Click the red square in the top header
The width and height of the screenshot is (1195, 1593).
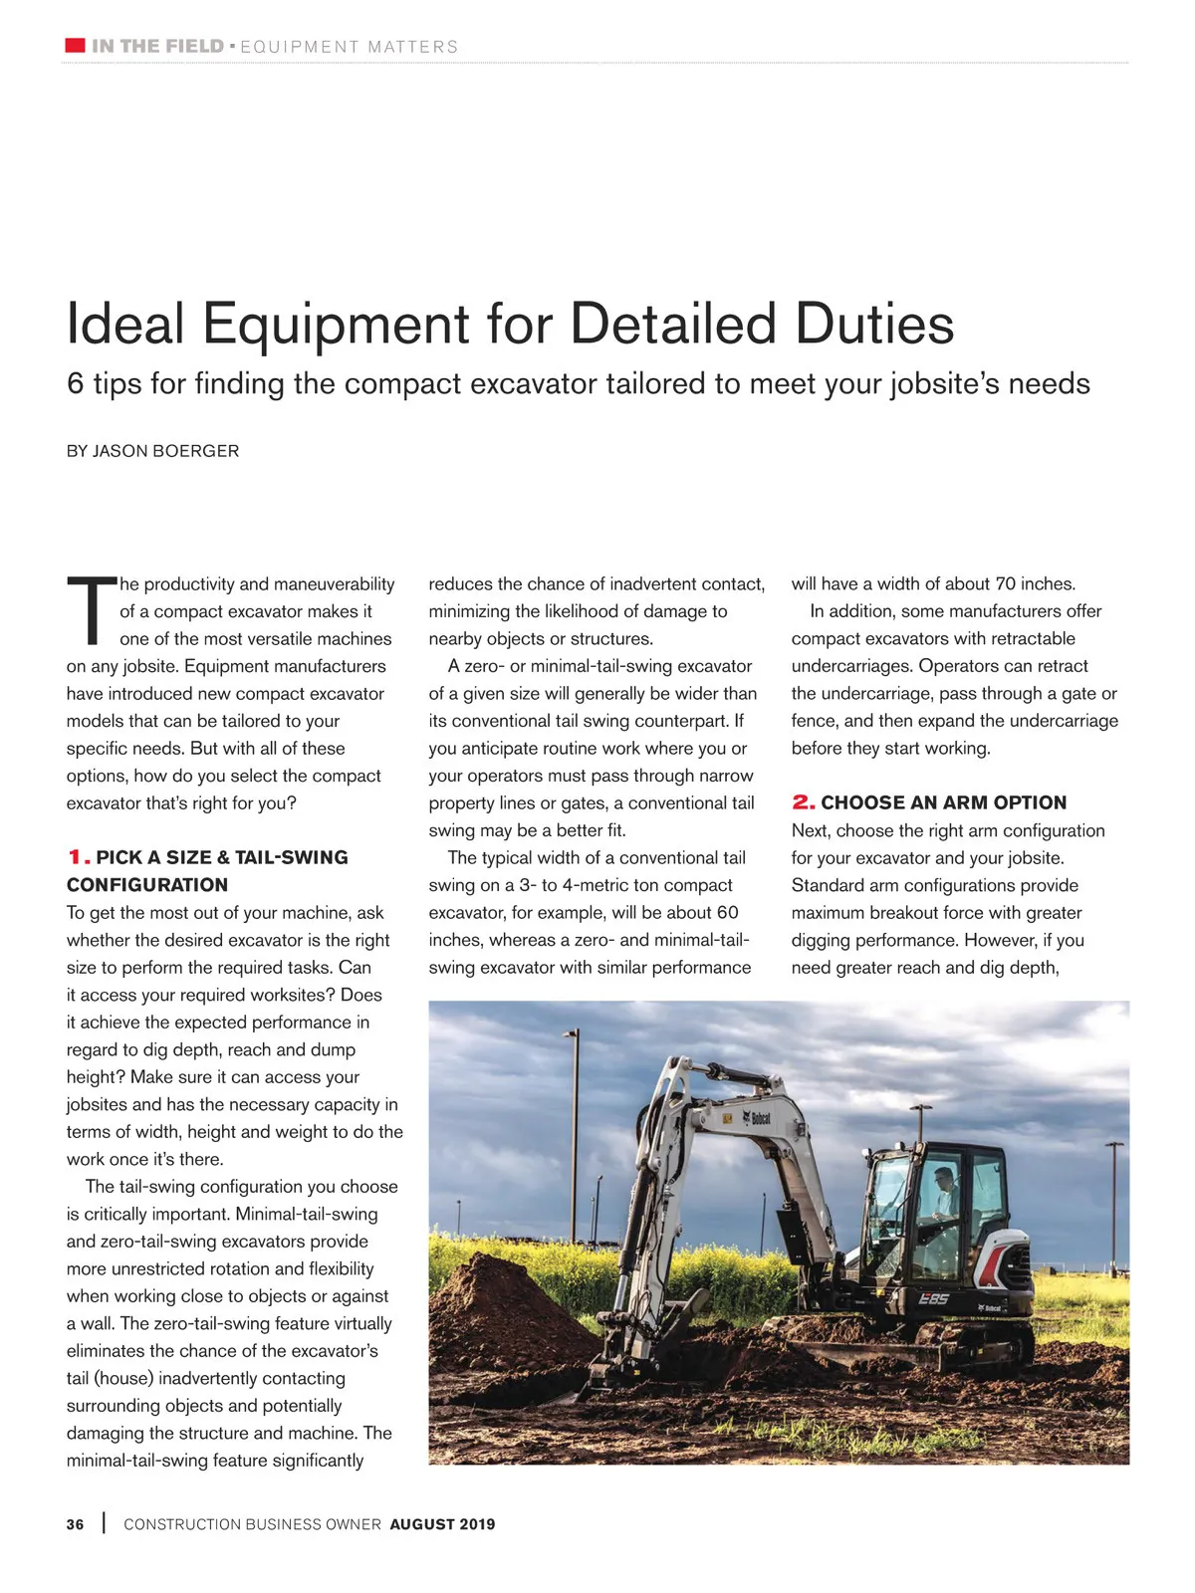(75, 46)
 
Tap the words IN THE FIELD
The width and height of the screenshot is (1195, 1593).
(157, 46)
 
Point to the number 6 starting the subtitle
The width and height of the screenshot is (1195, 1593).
(75, 384)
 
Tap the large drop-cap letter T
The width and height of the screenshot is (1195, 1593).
(90, 609)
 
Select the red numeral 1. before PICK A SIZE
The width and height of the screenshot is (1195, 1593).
(79, 857)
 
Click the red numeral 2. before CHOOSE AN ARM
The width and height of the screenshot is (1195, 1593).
(803, 802)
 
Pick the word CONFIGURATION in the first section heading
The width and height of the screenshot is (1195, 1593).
(147, 885)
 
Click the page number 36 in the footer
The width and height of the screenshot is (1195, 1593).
(76, 1524)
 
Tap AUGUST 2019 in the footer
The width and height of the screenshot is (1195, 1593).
(442, 1524)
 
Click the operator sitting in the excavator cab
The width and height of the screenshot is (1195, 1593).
(944, 1195)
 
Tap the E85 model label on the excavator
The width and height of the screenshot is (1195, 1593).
(933, 1298)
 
